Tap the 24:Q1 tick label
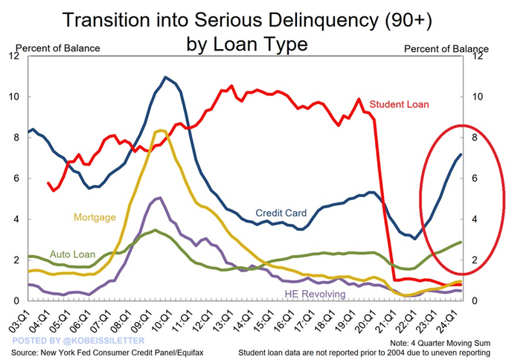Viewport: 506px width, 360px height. click(446, 321)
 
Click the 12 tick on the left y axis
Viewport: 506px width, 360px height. click(15, 56)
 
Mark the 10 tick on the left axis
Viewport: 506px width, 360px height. click(15, 97)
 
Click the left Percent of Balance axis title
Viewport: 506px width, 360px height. click(58, 48)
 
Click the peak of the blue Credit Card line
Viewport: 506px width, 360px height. click(165, 77)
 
